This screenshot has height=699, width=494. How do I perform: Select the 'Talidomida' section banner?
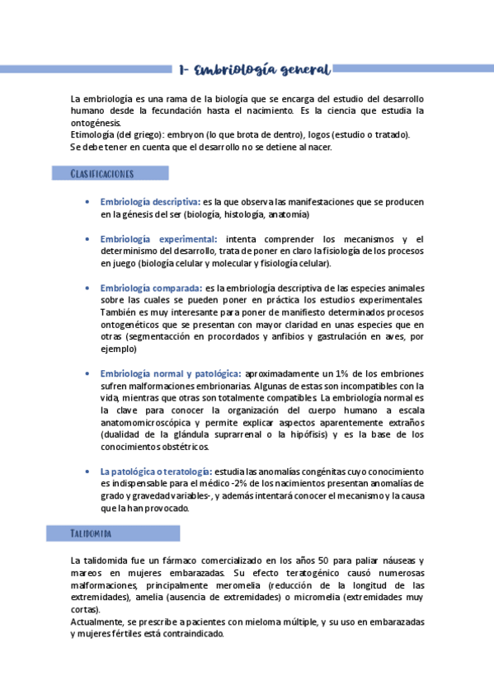[91, 534]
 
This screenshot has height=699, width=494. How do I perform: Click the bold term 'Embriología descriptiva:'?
[150, 201]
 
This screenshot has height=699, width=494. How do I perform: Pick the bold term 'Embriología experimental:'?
[154, 239]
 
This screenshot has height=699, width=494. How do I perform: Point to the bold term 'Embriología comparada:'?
[152, 289]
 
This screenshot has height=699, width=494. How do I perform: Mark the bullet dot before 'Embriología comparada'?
[88, 289]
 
